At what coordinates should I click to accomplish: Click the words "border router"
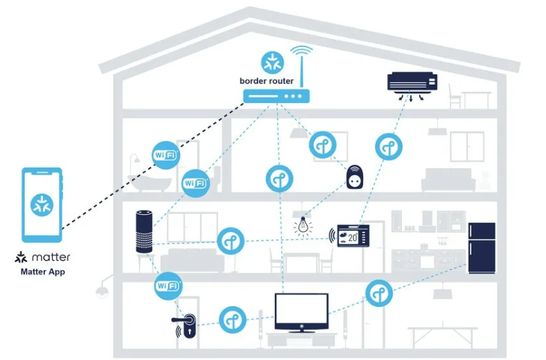(x=266, y=81)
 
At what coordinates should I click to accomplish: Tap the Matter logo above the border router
(x=272, y=63)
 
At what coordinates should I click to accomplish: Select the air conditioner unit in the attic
(x=413, y=83)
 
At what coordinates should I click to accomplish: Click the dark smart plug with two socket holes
(x=354, y=177)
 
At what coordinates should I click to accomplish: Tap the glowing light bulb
(x=303, y=226)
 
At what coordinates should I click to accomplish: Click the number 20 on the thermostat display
(x=352, y=238)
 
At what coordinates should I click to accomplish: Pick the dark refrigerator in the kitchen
(x=481, y=248)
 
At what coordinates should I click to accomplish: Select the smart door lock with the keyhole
(x=186, y=325)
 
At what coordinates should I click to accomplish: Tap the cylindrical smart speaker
(x=144, y=231)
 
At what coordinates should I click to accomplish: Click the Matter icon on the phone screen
(x=42, y=205)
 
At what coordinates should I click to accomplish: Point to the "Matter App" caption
(x=42, y=272)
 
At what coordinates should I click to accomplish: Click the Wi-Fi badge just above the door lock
(x=168, y=286)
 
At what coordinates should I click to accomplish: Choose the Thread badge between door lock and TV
(x=233, y=320)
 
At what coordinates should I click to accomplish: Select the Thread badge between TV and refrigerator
(x=379, y=293)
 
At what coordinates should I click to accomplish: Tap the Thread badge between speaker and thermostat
(x=231, y=241)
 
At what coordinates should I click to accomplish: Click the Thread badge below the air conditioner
(x=388, y=147)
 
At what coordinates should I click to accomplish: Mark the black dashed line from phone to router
(x=154, y=166)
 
